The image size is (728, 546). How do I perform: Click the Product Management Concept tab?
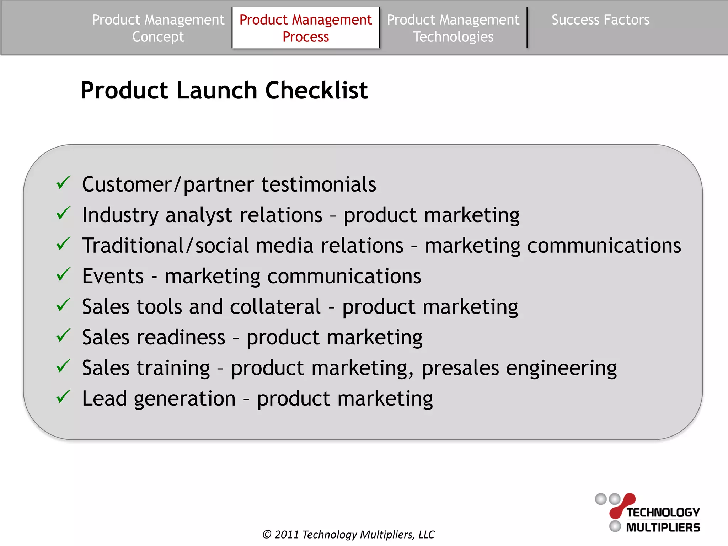(158, 28)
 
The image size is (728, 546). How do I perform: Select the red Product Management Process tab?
(305, 28)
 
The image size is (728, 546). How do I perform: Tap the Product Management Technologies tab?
(453, 28)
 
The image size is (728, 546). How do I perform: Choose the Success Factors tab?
(600, 20)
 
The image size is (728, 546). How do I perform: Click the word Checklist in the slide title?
(316, 90)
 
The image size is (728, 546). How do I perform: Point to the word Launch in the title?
(216, 90)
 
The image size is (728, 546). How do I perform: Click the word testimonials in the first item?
(318, 184)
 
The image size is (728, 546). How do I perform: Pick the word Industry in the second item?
(120, 215)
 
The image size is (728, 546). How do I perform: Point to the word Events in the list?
(113, 276)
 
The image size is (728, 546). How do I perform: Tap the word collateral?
(275, 307)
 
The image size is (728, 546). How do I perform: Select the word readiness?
(181, 337)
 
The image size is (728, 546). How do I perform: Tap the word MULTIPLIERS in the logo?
(663, 528)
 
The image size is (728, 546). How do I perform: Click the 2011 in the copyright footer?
(287, 534)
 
